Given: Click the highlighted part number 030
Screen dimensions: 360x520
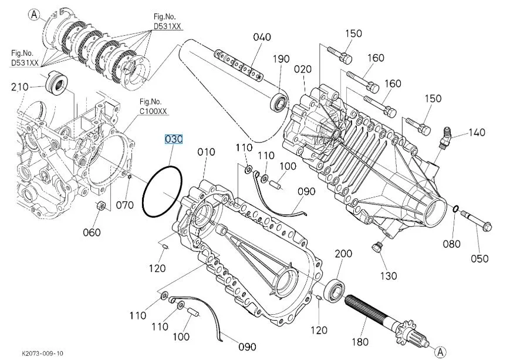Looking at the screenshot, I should [x=174, y=139].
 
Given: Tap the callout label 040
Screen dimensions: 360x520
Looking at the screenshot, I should [x=262, y=37].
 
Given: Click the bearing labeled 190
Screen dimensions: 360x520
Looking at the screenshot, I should [x=278, y=102].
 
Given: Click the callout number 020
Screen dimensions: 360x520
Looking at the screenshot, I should [x=303, y=69].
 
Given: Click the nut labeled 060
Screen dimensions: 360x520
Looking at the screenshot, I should [x=100, y=206].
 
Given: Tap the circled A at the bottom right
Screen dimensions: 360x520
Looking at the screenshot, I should [x=440, y=351].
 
